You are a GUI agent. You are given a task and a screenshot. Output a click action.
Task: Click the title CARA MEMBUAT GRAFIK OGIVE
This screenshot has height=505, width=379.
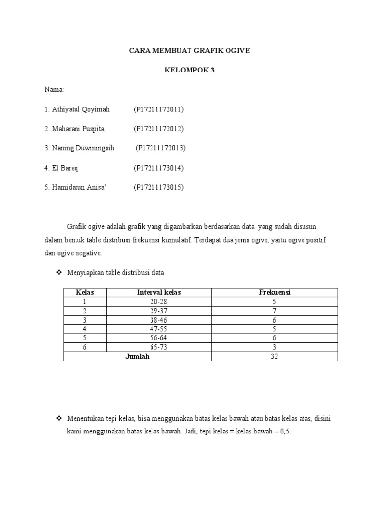coord(189,51)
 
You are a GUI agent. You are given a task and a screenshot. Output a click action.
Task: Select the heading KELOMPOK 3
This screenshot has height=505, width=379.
coord(189,70)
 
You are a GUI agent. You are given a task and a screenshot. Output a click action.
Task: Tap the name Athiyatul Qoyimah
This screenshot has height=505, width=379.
coord(80,109)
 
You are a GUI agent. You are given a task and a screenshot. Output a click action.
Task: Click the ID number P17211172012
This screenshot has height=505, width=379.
coord(158,129)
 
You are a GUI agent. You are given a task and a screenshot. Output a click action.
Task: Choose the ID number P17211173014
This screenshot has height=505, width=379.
coord(158,168)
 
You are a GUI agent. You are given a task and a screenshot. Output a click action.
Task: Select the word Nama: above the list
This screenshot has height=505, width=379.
coord(54,90)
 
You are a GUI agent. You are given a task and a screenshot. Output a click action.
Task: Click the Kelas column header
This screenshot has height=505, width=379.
coord(85,292)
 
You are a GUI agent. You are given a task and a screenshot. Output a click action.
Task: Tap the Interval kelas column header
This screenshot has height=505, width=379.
coord(159,292)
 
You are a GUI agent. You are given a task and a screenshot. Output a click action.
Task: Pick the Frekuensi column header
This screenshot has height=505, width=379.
coord(274,292)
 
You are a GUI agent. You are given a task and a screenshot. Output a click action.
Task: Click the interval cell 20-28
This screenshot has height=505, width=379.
coord(159,301)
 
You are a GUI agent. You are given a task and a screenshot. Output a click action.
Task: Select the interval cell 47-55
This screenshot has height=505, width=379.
coord(159,329)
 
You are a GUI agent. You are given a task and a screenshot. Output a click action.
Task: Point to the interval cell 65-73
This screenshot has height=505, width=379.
coord(159,347)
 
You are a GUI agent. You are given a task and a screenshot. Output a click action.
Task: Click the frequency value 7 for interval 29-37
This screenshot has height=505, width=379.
coord(274,311)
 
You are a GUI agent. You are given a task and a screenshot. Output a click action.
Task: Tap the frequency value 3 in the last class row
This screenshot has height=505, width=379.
coord(274,347)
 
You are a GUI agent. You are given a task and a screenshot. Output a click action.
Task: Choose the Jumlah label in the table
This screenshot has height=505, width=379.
coord(137,357)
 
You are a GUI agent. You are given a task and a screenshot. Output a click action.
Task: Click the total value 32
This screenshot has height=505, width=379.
coord(274,357)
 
